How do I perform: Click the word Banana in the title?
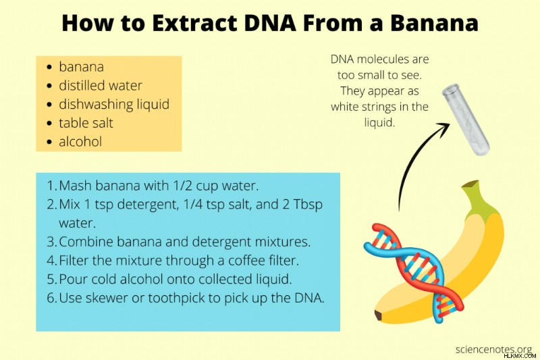point(434,23)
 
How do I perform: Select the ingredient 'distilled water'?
point(100,85)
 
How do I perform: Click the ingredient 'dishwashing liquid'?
point(114,105)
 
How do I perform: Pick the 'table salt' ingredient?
point(86,123)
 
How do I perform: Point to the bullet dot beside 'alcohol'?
point(50,142)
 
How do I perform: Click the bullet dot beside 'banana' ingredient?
point(50,67)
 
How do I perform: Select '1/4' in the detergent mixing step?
point(192,204)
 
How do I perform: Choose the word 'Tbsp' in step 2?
point(308,205)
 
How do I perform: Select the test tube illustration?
point(465,119)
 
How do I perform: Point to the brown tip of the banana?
point(379,315)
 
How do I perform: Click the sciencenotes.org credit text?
point(493,349)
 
